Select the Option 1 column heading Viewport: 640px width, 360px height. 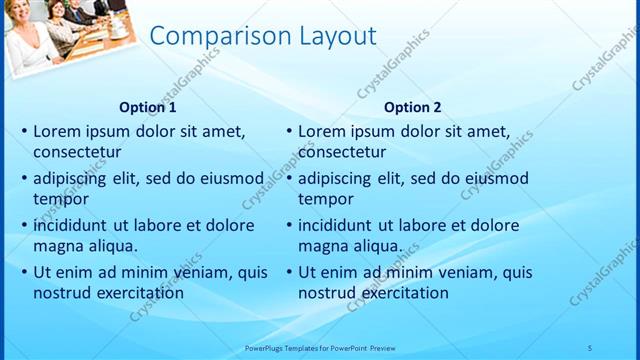pos(148,107)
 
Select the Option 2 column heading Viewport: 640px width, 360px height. pos(412,107)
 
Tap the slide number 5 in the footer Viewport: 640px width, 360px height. pos(589,347)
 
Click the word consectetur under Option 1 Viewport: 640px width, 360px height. pos(77,153)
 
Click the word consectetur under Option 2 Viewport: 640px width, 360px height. pos(342,153)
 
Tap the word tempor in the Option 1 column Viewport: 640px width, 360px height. pos(56,199)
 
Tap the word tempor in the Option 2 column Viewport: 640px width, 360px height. pos(320,199)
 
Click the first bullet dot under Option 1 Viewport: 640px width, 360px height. pos(24,131)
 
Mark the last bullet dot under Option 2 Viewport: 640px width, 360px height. pos(289,271)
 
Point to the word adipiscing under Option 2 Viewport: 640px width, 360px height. pos(336,177)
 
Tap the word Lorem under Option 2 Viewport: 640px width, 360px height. pos(320,130)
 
